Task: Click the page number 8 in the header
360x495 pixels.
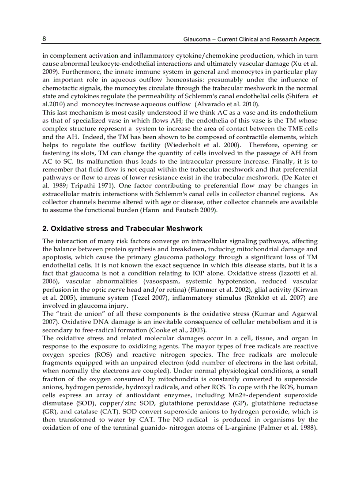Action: point(44,39)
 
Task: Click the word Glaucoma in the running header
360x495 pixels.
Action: point(196,40)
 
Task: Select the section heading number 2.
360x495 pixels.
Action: point(45,229)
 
